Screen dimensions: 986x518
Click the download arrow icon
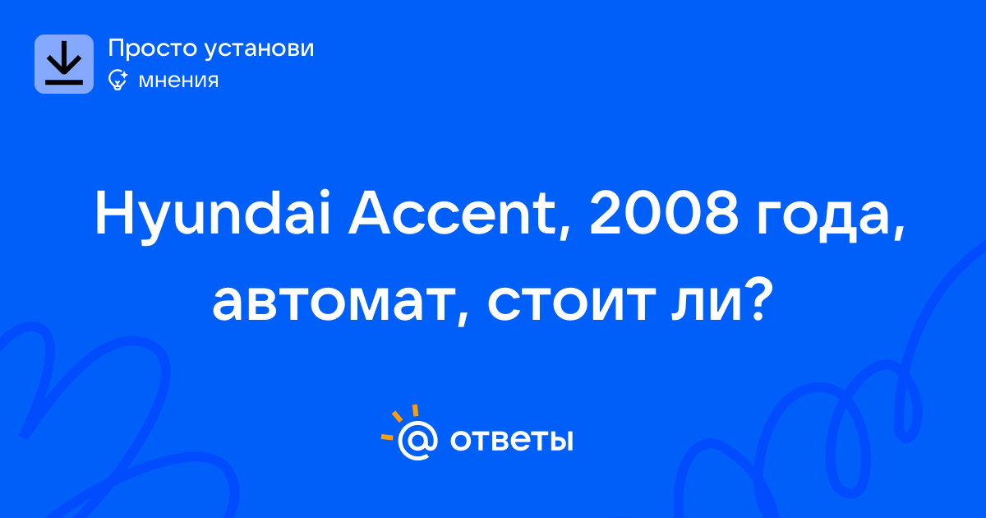(64, 64)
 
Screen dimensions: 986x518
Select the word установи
(259, 49)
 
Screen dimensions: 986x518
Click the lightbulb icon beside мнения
(117, 80)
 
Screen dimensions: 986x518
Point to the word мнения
(179, 81)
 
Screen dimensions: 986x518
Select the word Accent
(452, 213)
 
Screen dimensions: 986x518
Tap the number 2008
(663, 213)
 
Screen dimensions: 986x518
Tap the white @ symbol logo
(417, 440)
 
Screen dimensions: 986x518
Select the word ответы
(511, 440)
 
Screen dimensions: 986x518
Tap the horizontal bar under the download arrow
(64, 82)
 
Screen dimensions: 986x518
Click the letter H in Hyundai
(114, 213)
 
